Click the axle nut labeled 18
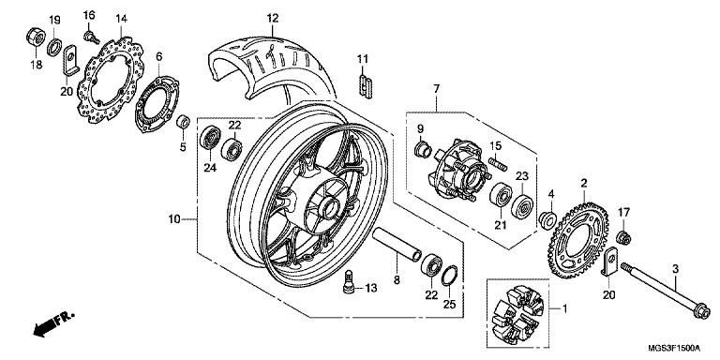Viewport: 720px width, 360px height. pos(36,37)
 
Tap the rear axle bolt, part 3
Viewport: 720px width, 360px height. pos(666,291)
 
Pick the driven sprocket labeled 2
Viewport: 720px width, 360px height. pos(578,240)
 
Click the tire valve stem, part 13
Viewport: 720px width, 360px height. pos(349,281)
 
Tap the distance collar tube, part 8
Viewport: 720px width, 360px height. pos(397,245)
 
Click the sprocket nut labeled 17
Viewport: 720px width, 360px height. pos(623,238)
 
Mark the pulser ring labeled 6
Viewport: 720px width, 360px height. pos(157,105)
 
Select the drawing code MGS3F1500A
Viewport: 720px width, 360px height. pos(675,348)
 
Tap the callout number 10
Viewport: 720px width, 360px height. pos(174,219)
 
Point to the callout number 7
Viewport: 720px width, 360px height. pos(436,89)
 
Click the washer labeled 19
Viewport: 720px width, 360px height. pos(54,47)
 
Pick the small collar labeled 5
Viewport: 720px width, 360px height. pos(183,123)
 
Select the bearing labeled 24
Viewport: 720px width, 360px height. pos(210,137)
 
